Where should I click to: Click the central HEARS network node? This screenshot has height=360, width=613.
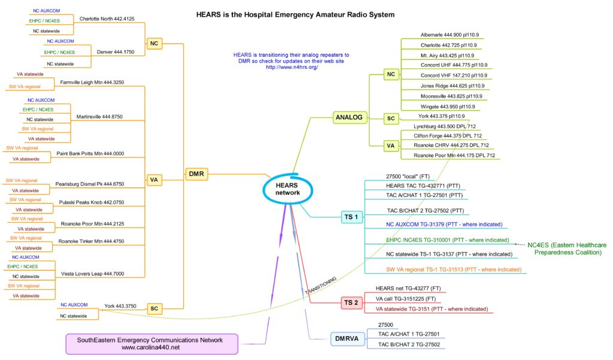tap(287, 189)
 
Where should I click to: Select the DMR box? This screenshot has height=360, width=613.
tap(197, 174)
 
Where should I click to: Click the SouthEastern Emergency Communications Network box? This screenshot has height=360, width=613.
tap(150, 343)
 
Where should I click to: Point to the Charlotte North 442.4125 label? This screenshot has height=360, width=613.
tap(111, 19)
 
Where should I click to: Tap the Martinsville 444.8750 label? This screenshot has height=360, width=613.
tap(100, 117)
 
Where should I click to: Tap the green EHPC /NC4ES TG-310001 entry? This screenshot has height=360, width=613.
tap(448, 240)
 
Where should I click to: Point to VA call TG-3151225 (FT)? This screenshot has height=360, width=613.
tap(409, 298)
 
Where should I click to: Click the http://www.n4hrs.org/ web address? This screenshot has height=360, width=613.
tap(291, 67)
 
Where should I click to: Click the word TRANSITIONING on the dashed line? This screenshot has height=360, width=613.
tap(321, 285)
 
